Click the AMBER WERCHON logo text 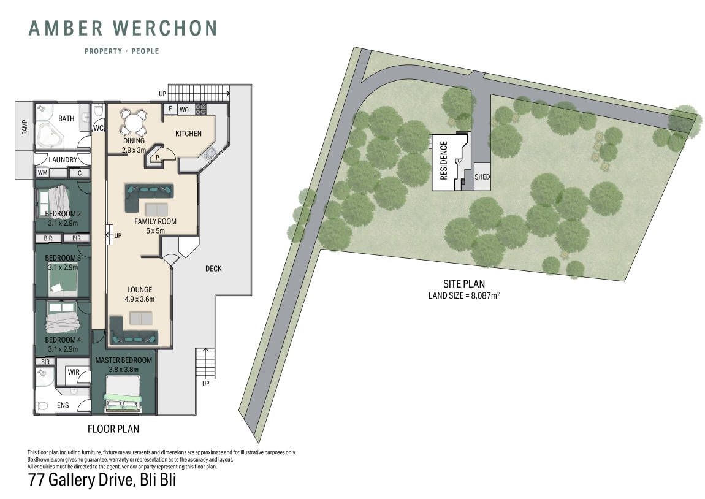(123, 28)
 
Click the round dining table (134, 122)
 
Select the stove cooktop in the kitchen (200, 109)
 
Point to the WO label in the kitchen (185, 109)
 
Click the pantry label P (158, 158)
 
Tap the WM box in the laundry (43, 173)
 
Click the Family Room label (155, 221)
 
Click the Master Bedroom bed (123, 394)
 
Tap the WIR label (74, 372)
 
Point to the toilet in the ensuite (42, 406)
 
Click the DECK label (213, 269)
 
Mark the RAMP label (25, 127)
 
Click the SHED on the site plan (482, 177)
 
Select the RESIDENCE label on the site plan (444, 161)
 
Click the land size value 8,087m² (485, 295)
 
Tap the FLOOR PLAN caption (113, 429)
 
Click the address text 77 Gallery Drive (82, 479)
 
